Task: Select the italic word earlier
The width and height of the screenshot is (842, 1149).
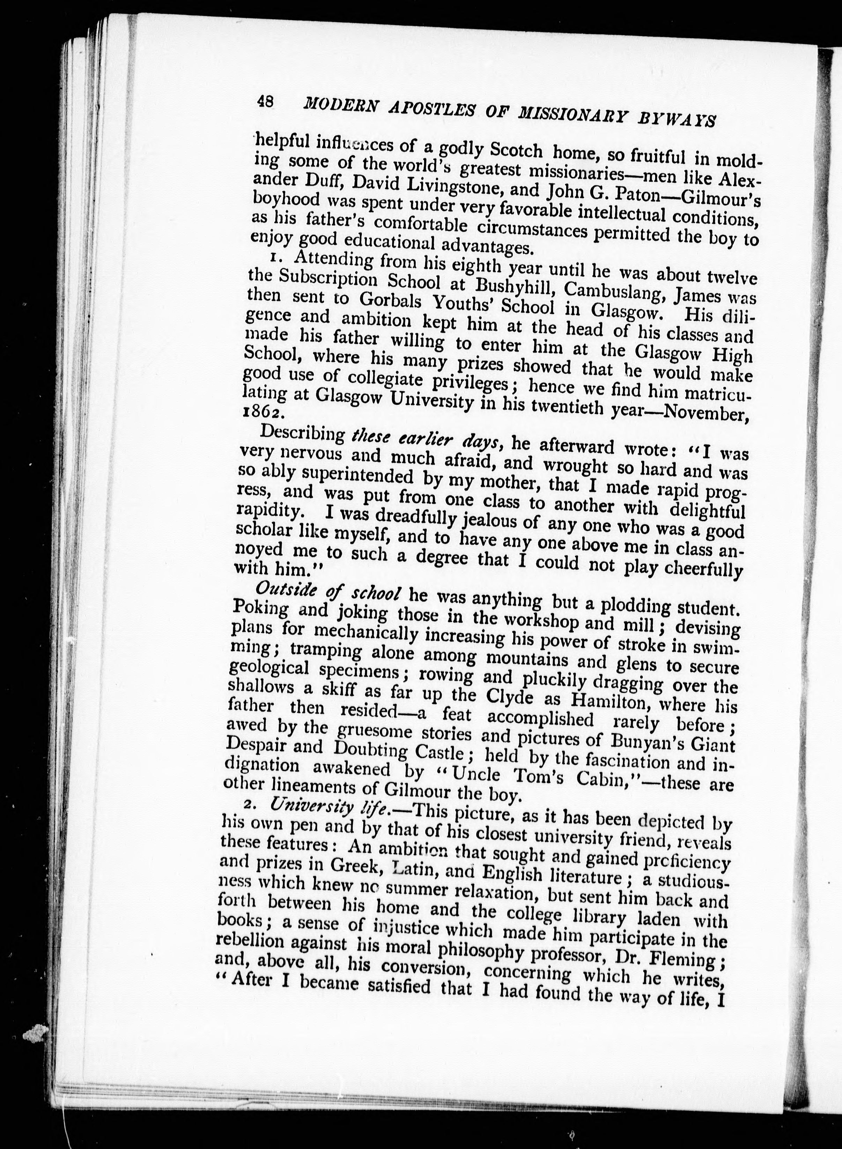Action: (x=427, y=440)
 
